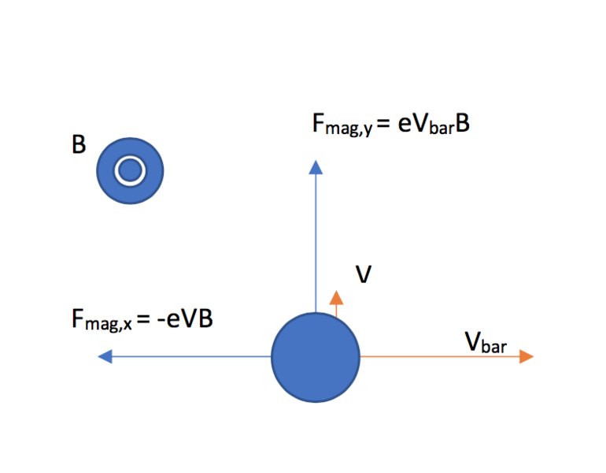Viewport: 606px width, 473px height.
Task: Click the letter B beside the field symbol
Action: pos(79,146)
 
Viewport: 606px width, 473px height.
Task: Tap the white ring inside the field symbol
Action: pos(129,170)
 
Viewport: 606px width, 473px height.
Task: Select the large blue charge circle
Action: pos(316,357)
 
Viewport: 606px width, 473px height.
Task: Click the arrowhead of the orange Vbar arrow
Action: pos(527,356)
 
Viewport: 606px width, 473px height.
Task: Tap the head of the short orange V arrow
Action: pos(337,297)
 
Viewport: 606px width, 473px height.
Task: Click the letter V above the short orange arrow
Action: pos(364,274)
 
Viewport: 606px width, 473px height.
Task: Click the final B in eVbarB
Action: pos(462,125)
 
